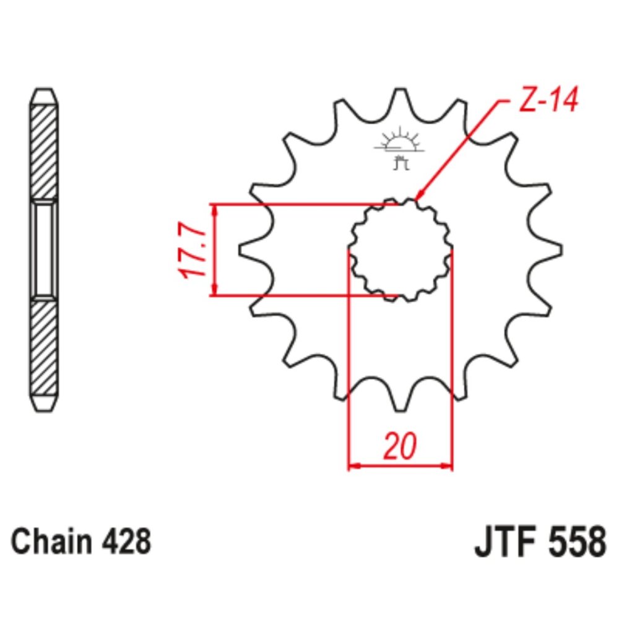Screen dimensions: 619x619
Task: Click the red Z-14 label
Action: tap(547, 101)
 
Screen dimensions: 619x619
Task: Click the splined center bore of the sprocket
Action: tap(400, 250)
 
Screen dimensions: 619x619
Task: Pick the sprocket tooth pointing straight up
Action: tap(400, 99)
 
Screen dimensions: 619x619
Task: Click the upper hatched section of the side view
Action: tap(45, 152)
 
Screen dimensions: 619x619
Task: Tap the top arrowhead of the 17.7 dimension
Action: tap(215, 210)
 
